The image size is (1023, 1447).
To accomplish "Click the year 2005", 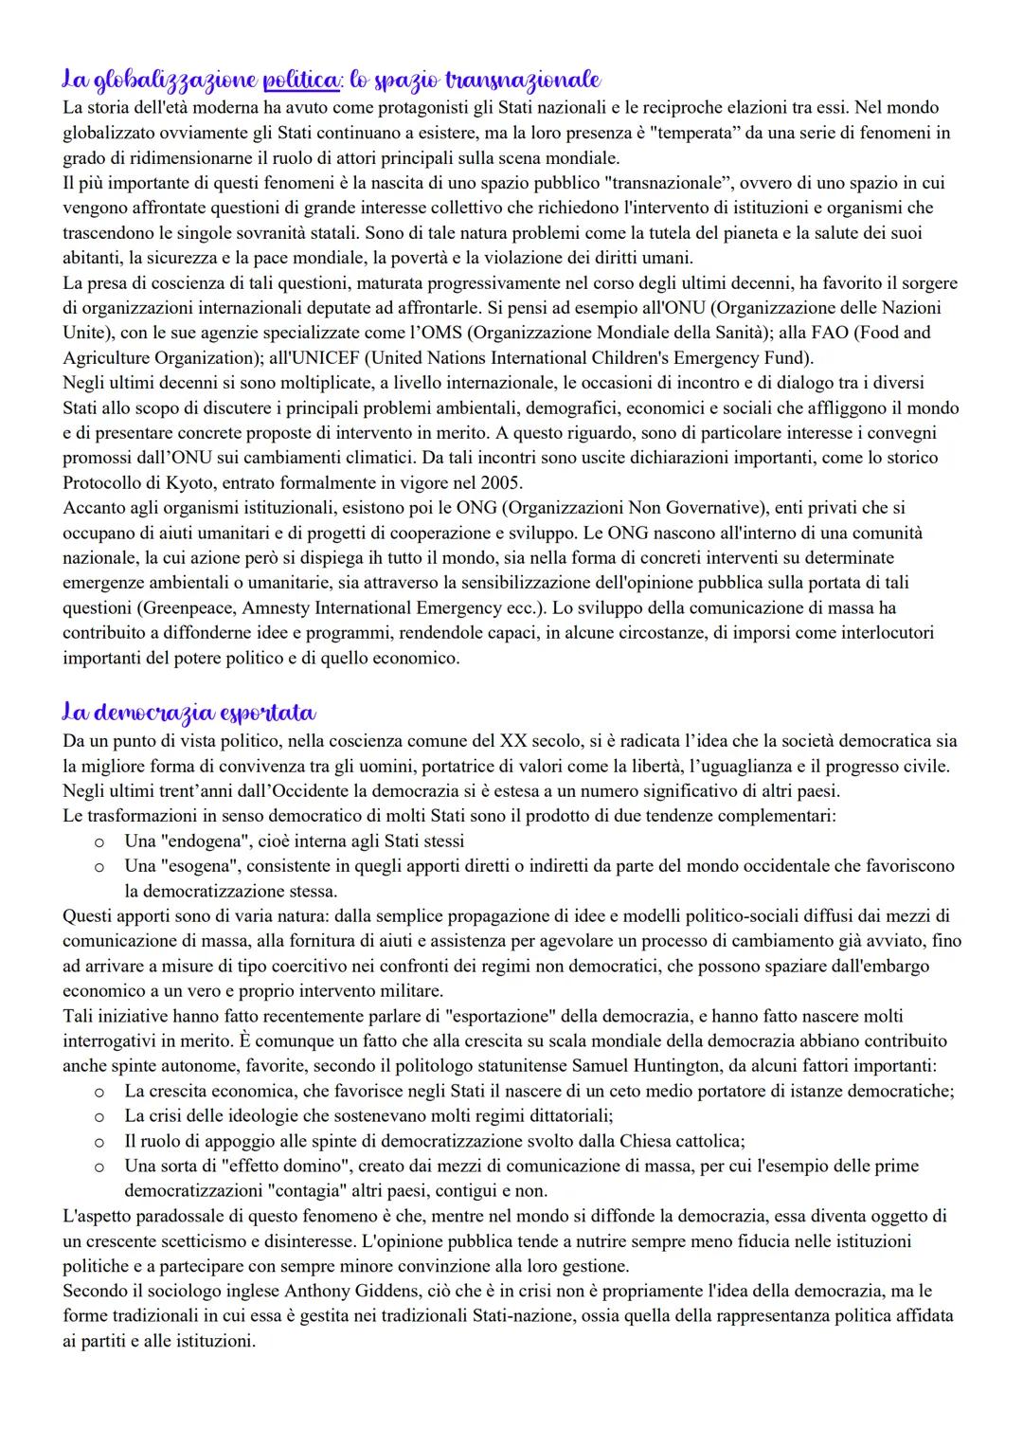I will click(500, 483).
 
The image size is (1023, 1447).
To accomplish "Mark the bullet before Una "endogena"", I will click(97, 841).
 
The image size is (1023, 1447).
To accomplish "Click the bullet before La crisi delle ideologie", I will click(97, 1116).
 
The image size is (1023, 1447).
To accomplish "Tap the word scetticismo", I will click(195, 1241).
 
